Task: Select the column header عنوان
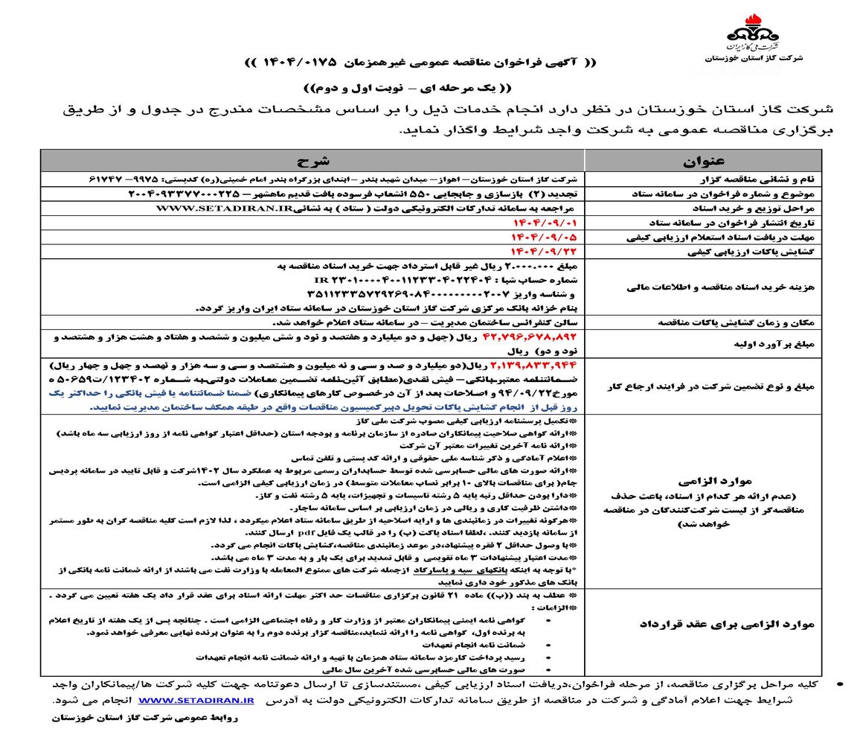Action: point(703,161)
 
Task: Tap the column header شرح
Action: point(312,161)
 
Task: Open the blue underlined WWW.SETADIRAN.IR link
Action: point(196,701)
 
